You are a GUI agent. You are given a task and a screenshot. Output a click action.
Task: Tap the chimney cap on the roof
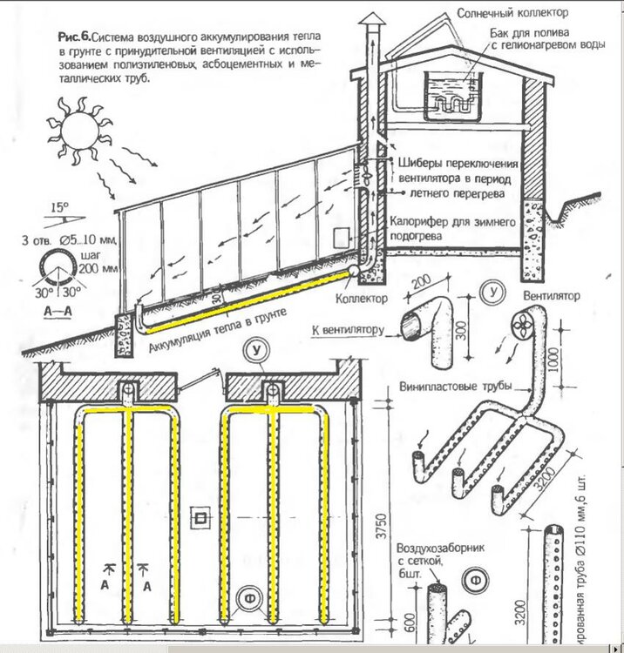coord(370,21)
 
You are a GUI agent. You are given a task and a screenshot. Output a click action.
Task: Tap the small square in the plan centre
coord(202,519)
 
